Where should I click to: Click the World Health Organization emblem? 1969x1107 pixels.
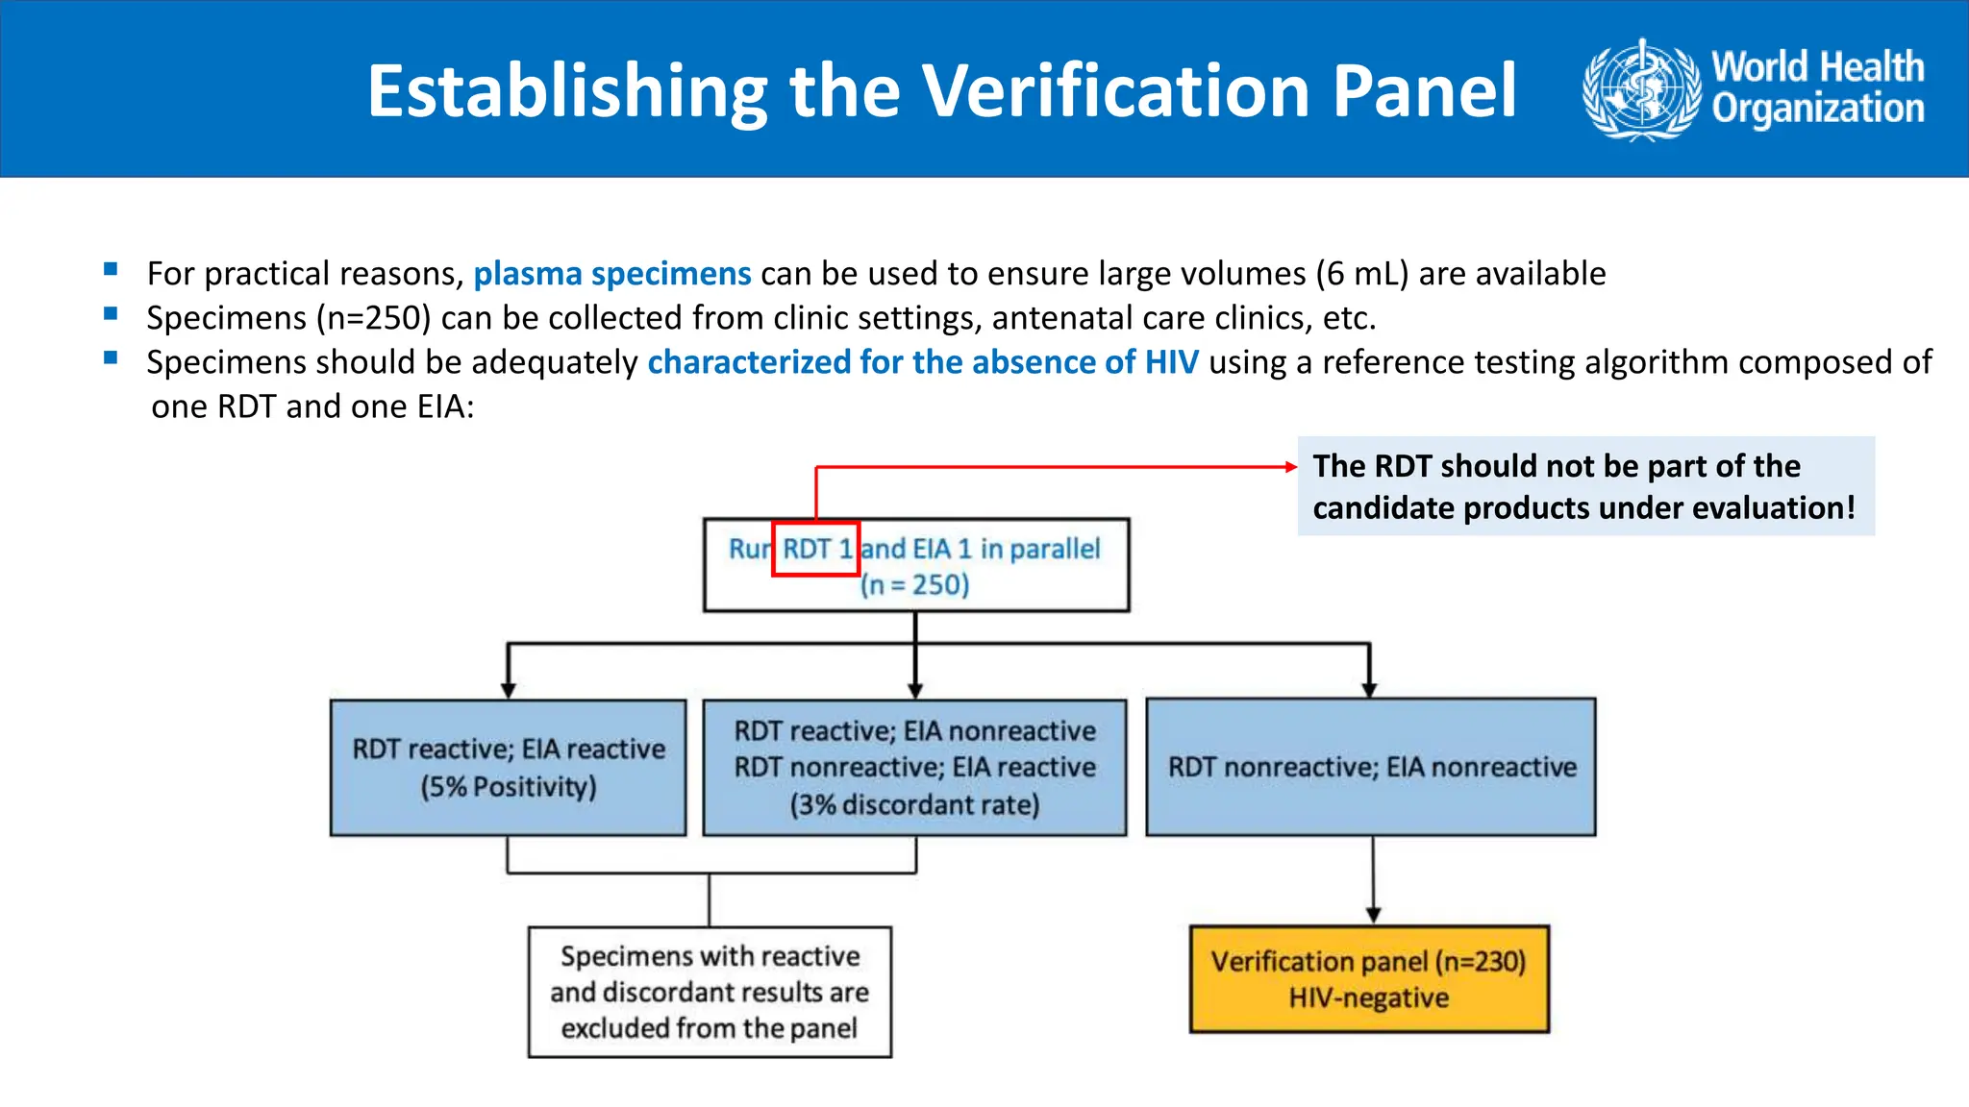point(1642,89)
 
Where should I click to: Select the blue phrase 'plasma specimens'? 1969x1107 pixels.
point(611,274)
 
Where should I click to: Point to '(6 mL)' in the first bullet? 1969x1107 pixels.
point(1362,274)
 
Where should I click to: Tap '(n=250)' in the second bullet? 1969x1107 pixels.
point(373,318)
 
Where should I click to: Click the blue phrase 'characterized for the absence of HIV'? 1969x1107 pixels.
point(923,362)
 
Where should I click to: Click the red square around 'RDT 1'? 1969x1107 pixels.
point(815,549)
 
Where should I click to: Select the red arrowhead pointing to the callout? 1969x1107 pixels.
point(1290,467)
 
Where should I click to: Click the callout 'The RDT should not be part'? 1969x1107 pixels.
point(1584,486)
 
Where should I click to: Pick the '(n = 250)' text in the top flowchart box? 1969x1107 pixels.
point(914,585)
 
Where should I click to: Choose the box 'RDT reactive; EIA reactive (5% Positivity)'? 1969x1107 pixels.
point(508,768)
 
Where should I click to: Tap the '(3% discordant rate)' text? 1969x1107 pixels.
point(914,804)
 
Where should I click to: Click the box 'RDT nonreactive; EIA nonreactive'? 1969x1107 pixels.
point(1371,767)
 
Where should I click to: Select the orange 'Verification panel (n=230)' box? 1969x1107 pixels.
point(1369,979)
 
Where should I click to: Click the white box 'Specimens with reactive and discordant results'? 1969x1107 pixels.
point(710,992)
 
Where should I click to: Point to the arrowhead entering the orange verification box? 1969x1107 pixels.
point(1373,915)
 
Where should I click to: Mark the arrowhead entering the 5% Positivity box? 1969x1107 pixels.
point(509,690)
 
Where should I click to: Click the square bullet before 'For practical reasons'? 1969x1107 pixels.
point(111,270)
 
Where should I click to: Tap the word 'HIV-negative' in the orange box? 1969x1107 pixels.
point(1369,998)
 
